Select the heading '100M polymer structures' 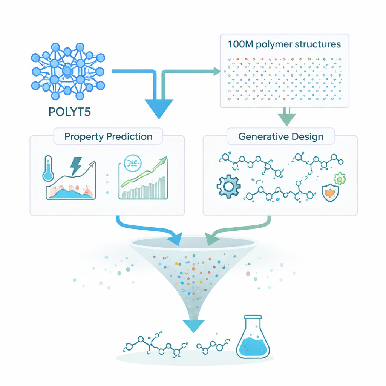(x=285, y=44)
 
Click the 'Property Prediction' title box (x=108, y=136)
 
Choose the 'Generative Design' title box (x=281, y=136)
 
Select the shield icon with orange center (x=330, y=193)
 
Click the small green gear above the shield (x=340, y=178)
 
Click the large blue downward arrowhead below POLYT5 (x=158, y=109)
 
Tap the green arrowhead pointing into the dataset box (x=216, y=70)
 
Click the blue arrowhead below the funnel (x=193, y=325)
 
